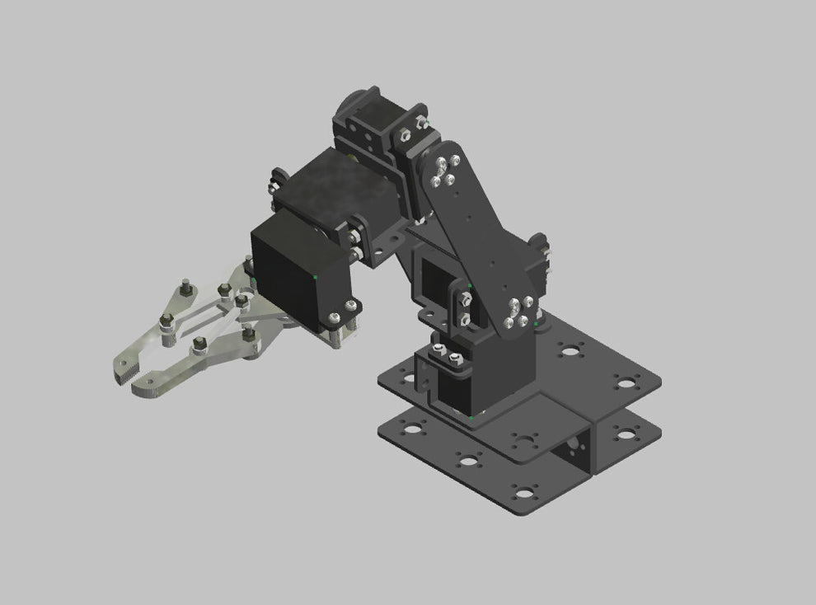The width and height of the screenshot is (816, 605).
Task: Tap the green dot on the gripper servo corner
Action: [x=317, y=274]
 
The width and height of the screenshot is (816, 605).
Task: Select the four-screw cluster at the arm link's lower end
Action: [x=518, y=312]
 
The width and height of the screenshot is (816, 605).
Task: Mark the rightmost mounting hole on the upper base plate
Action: [x=626, y=382]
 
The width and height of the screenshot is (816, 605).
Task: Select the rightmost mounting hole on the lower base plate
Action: [x=626, y=434]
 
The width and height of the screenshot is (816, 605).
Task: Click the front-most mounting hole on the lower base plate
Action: [x=523, y=494]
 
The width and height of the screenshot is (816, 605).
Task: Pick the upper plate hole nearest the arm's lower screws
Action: [x=569, y=349]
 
